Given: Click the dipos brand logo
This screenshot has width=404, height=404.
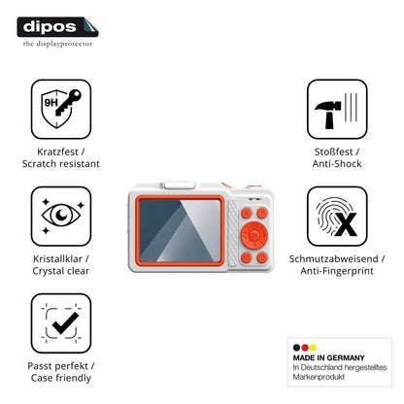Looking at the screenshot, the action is tap(57, 27).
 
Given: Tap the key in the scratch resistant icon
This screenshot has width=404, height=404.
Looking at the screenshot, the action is tap(69, 102).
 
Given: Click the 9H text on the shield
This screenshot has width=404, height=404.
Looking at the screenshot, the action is tap(50, 103).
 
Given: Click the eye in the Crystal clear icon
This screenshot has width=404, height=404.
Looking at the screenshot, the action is tap(61, 215).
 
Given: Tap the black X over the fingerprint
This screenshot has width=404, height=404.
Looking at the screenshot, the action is tap(346, 224).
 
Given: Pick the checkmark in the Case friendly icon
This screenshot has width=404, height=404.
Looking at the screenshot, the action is tap(66, 322).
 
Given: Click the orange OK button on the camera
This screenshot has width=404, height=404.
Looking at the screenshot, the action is tap(254, 235).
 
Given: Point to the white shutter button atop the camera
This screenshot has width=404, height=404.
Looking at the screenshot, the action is tap(180, 185).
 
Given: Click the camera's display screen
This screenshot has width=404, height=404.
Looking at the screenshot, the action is tap(180, 231).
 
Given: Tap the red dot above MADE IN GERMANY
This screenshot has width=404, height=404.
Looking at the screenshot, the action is tap(305, 348).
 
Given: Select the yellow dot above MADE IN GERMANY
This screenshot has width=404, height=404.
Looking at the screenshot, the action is tap(313, 348).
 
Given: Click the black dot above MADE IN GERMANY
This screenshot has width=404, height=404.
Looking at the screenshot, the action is tap(296, 348).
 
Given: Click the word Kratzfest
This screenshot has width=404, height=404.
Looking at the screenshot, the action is tap(57, 151).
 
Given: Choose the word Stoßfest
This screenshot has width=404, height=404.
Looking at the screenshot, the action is tap(334, 151).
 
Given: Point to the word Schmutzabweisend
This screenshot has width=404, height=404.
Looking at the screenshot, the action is tap(333, 259).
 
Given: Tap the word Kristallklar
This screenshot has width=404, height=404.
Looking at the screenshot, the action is tap(57, 259).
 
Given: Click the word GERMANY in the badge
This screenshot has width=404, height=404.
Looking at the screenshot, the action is tap(346, 357).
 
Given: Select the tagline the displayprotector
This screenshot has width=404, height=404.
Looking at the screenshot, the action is tap(57, 44).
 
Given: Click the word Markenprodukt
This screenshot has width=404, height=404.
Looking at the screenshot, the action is tap(319, 377).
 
